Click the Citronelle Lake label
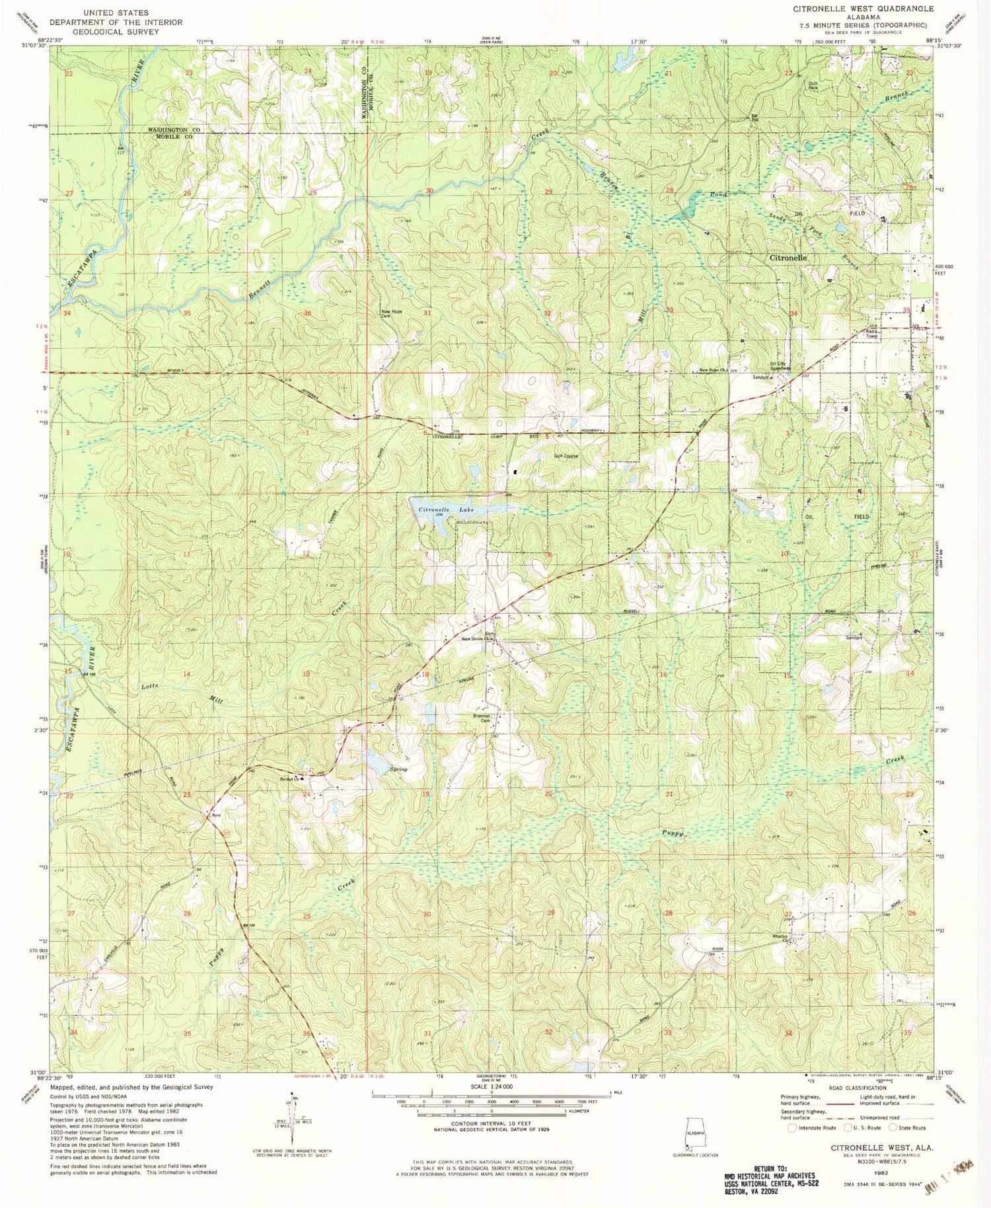tap(446, 510)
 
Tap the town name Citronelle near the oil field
tap(788, 258)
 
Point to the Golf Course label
tap(566, 456)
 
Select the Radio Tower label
tap(871, 334)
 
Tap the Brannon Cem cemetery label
tap(481, 718)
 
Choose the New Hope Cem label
tap(391, 314)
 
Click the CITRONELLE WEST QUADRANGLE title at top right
tap(863, 9)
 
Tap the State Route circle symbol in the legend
tap(893, 1127)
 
